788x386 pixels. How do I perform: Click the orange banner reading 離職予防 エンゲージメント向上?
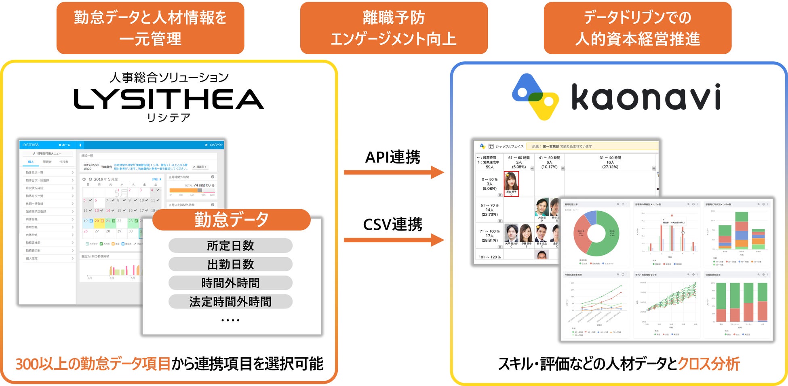coord(394,28)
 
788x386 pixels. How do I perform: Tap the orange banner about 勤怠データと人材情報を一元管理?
coord(150,28)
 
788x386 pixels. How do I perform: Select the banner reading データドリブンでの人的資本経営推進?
coord(637,28)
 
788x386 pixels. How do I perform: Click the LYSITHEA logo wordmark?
coord(169,99)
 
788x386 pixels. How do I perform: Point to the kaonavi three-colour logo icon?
coord(535,97)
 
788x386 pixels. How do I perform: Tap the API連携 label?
coord(393,157)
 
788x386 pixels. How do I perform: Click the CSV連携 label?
coord(393,224)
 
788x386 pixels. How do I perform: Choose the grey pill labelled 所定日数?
coord(230,245)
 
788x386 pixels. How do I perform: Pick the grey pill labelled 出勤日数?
coord(230,264)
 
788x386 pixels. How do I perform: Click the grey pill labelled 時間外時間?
coord(230,283)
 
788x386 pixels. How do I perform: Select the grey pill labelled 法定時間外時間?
coord(230,302)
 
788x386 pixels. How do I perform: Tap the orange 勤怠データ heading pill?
coord(231,220)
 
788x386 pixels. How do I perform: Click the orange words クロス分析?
coord(708,364)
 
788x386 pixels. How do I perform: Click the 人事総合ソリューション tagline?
coord(169,77)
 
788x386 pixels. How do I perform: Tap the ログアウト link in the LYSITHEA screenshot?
coord(215,145)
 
